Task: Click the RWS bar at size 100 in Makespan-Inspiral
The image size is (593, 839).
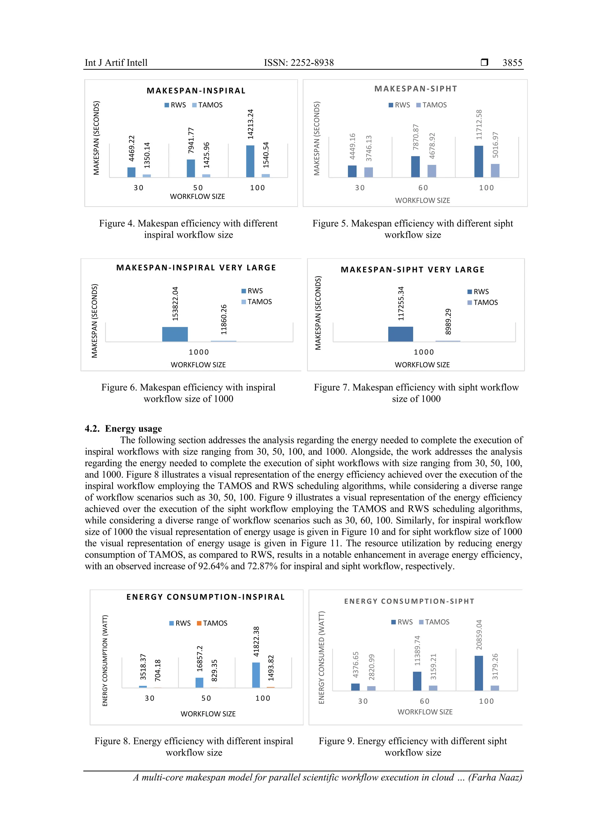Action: pos(250,162)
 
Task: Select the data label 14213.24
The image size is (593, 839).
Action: pos(250,124)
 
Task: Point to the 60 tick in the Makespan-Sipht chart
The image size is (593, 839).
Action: pos(423,188)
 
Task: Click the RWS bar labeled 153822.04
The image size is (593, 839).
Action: pos(175,334)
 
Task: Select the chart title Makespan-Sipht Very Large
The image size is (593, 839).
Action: pos(413,270)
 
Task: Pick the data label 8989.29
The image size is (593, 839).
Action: pos(448,321)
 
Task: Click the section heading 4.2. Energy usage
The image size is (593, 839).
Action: pos(124,428)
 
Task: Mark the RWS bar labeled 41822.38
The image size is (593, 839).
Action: pos(256,675)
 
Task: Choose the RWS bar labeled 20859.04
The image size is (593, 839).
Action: pos(479,673)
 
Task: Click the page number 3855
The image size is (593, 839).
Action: pos(512,63)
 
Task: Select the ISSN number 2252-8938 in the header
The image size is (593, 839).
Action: pos(312,63)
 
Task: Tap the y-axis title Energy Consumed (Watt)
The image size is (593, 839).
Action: pos(321,658)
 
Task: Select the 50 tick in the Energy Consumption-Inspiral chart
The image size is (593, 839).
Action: pos(206,698)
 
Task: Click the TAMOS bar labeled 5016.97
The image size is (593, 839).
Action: pos(495,171)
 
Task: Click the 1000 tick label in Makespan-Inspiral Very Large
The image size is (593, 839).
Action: pos(199,352)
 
